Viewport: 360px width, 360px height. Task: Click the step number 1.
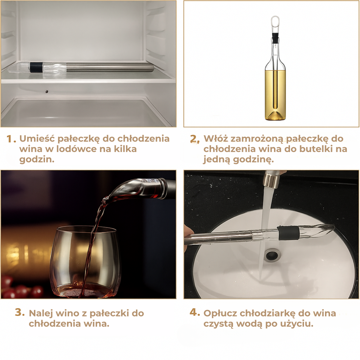click(11, 139)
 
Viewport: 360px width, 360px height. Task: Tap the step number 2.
click(195, 139)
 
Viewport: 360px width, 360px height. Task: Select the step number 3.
click(20, 312)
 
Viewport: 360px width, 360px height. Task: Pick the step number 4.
click(194, 312)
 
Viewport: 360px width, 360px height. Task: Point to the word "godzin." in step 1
click(37, 159)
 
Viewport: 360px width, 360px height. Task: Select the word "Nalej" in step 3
click(40, 313)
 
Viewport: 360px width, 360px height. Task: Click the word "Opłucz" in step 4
click(220, 313)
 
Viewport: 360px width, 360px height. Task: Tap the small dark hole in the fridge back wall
click(46, 91)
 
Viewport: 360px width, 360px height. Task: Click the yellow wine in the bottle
click(275, 93)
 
